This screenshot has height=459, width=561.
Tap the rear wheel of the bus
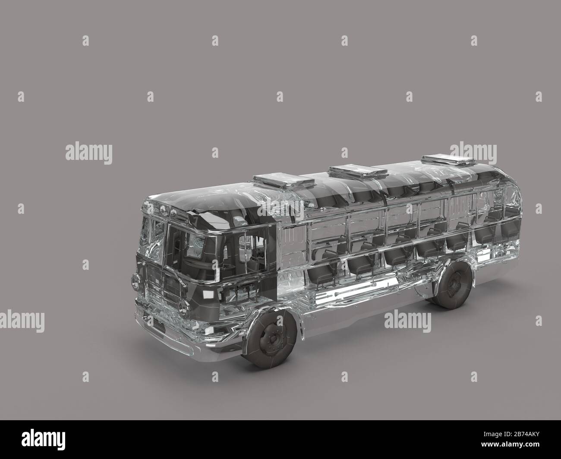(x=453, y=285)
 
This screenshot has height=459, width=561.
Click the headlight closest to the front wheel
(x=186, y=308)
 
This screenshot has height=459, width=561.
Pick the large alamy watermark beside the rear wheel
(x=407, y=320)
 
